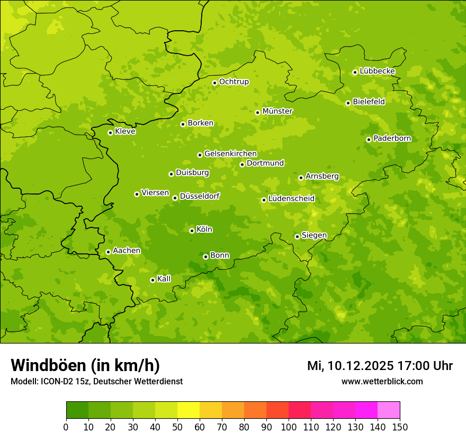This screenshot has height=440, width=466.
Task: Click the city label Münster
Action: (x=277, y=111)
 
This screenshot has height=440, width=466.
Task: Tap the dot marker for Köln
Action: (x=192, y=231)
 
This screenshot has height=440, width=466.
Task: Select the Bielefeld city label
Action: (x=369, y=102)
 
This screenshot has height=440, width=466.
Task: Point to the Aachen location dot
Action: (x=108, y=252)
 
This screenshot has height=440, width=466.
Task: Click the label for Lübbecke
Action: (x=378, y=71)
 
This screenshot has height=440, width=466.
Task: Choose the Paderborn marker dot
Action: (x=369, y=139)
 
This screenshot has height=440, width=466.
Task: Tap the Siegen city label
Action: (x=314, y=235)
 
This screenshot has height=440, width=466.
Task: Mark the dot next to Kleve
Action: (x=110, y=133)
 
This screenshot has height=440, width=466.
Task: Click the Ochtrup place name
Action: (x=234, y=82)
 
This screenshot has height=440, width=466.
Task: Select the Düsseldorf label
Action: (x=200, y=196)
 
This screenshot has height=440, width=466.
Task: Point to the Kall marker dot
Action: (x=153, y=280)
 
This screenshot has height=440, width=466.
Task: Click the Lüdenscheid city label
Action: (x=291, y=199)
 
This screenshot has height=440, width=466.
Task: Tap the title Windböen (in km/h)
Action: (x=85, y=365)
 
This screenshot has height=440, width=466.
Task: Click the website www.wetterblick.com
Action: (x=382, y=382)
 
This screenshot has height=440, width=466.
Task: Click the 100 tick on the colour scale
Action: (x=289, y=427)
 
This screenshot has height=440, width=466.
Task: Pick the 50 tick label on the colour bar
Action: (x=177, y=427)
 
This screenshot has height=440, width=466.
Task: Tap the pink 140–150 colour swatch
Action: (x=389, y=410)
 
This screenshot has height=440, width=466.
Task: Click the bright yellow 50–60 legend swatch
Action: (x=189, y=410)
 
